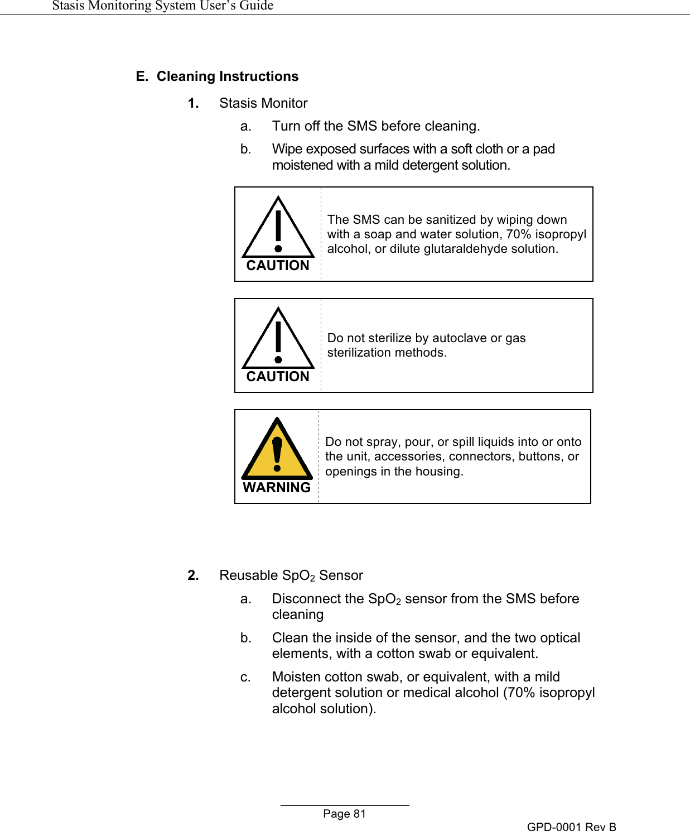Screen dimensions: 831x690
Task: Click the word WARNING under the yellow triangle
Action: click(x=277, y=488)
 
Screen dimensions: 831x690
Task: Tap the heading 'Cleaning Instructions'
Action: click(x=228, y=76)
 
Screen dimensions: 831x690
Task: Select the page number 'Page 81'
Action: click(x=344, y=814)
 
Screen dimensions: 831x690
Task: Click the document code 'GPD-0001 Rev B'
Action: click(x=571, y=827)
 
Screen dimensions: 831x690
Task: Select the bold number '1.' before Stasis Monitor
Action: click(x=193, y=103)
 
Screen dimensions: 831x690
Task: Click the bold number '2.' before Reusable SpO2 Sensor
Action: click(x=193, y=575)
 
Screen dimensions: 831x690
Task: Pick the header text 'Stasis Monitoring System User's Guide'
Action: click(x=162, y=6)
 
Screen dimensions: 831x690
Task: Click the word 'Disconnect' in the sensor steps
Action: click(x=306, y=599)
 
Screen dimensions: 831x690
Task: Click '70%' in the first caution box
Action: click(x=518, y=234)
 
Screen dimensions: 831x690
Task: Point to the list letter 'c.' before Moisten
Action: click(x=245, y=677)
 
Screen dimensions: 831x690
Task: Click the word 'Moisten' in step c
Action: click(x=296, y=677)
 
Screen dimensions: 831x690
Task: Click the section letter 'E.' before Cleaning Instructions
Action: click(x=142, y=76)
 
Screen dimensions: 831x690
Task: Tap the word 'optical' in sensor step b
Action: click(x=557, y=638)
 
